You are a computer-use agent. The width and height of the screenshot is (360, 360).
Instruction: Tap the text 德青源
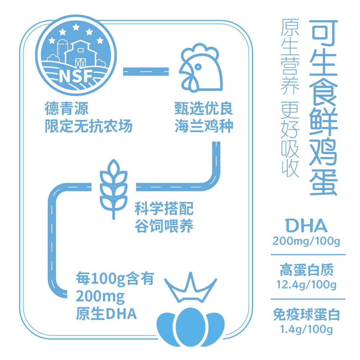click(67, 108)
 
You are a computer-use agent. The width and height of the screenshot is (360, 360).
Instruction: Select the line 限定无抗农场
click(89, 126)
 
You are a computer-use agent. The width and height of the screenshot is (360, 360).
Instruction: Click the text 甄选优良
click(204, 108)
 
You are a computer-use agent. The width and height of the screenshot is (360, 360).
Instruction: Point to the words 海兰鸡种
click(204, 126)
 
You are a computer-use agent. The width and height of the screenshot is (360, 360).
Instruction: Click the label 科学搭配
click(164, 208)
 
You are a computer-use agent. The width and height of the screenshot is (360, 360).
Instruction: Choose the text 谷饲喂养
click(164, 226)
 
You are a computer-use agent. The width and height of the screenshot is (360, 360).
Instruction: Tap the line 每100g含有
click(115, 278)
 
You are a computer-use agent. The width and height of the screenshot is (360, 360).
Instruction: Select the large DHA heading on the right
click(306, 226)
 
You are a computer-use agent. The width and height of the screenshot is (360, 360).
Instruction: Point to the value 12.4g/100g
click(306, 285)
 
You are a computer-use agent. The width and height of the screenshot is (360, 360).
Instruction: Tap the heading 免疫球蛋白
click(306, 315)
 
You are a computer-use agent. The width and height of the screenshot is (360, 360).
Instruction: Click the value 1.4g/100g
click(306, 329)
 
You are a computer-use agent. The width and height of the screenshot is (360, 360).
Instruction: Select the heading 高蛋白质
click(306, 270)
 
